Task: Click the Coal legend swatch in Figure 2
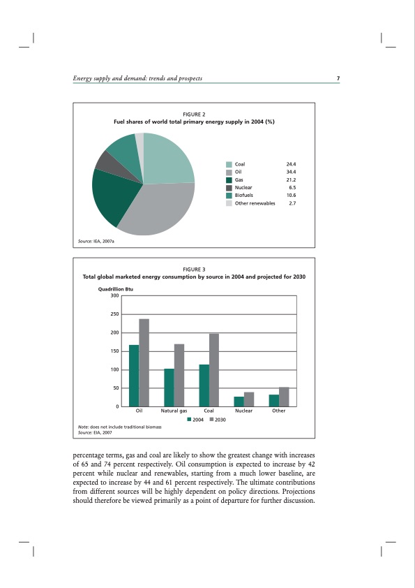coord(229,164)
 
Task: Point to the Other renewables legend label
coord(255,203)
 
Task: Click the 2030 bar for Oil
coord(144,362)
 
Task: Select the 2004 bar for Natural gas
coord(169,388)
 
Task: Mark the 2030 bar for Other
coord(284,397)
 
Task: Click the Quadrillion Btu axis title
coord(116,288)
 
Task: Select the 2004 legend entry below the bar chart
coord(195,419)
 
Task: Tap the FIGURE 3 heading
coord(194,269)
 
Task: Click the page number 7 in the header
coord(338,78)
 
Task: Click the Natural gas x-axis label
coord(174,411)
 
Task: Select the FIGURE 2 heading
coord(194,114)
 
